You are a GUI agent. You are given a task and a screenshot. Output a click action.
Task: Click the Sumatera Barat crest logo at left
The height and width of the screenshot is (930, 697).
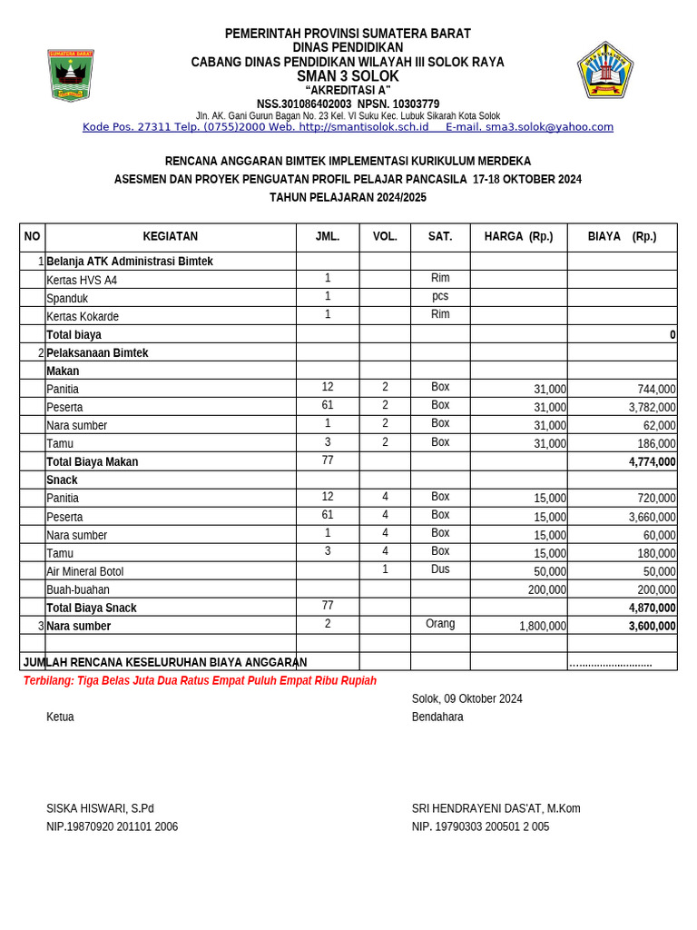tap(71, 75)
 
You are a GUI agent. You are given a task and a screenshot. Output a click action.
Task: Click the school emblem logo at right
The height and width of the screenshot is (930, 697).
tap(604, 70)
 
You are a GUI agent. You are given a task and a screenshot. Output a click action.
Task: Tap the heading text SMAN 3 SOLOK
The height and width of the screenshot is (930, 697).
tap(348, 76)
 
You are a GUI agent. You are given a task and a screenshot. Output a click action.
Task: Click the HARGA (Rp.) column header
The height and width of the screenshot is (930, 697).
tap(518, 237)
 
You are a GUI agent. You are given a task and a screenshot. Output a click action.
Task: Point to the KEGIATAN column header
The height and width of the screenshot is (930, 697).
tap(170, 237)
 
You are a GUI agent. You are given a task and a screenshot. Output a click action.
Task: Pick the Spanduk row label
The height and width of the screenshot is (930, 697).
tap(67, 299)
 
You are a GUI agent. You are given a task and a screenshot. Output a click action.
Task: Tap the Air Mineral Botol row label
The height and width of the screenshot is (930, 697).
tap(84, 571)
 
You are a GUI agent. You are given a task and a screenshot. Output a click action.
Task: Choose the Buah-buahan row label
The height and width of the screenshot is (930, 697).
tap(78, 589)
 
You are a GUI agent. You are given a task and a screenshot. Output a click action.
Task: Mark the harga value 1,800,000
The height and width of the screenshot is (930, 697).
tap(542, 627)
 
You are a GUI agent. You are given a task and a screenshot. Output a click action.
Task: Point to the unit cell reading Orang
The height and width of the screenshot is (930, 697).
tap(440, 624)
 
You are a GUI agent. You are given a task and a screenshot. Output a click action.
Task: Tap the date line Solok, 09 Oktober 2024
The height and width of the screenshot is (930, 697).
tap(466, 698)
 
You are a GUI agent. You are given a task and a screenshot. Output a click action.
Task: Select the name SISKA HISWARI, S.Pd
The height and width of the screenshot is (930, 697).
tap(100, 808)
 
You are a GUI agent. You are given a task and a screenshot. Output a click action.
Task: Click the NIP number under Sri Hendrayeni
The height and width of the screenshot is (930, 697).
tap(480, 826)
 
